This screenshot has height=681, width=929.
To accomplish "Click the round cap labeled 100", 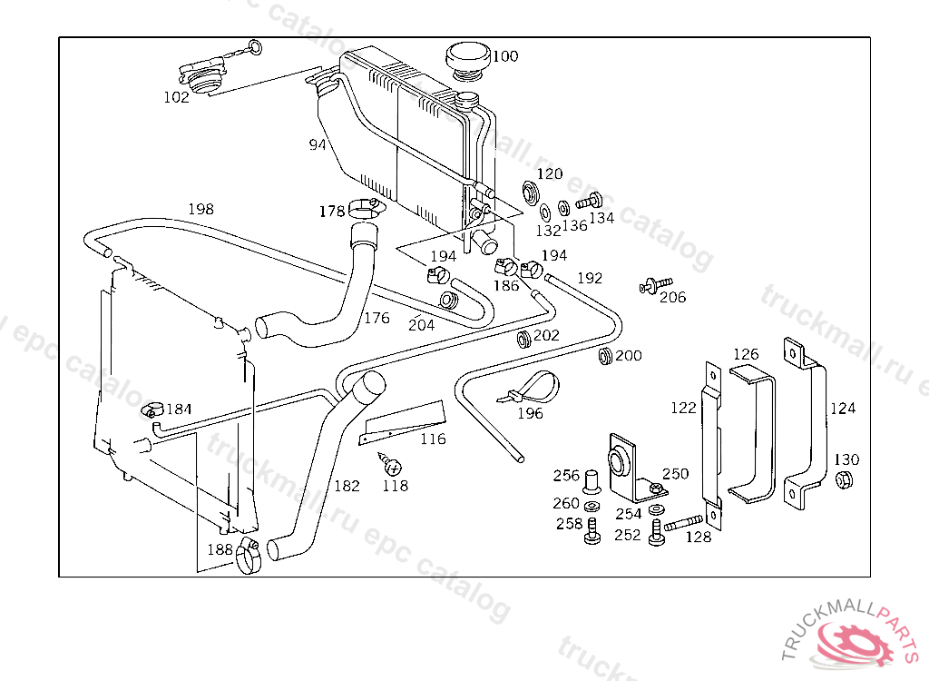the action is (x=468, y=61).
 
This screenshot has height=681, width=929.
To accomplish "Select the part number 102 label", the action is (x=176, y=97).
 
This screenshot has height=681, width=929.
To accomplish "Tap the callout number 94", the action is (x=317, y=144).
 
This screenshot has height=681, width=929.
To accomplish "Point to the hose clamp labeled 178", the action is (x=367, y=208).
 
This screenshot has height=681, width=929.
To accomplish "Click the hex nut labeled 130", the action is (x=844, y=479).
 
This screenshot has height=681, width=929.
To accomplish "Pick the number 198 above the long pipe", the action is (x=200, y=209).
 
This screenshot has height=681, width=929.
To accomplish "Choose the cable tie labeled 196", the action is (x=529, y=387).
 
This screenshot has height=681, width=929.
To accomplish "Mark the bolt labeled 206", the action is (x=656, y=285).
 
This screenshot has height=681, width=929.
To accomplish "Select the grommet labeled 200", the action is (x=605, y=357).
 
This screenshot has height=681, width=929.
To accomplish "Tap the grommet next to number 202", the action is (x=523, y=340).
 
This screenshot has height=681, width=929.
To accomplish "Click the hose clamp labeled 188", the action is (x=249, y=557).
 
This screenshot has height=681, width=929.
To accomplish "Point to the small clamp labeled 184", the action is (x=152, y=410).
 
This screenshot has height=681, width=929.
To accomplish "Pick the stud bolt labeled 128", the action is (x=684, y=524).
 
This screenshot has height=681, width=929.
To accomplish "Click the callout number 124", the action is (x=843, y=408).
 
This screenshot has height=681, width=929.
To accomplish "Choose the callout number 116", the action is (x=433, y=439).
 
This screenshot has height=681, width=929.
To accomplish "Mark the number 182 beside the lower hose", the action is (x=347, y=486).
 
